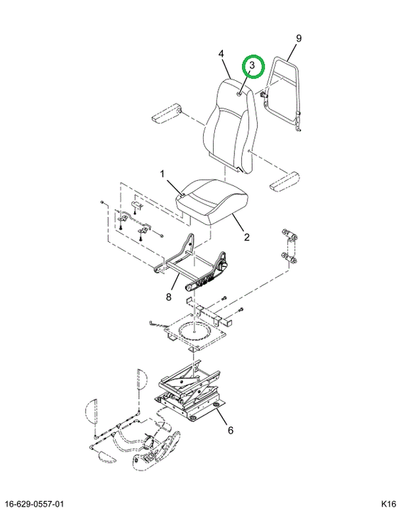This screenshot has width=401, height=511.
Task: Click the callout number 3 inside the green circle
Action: point(252,65)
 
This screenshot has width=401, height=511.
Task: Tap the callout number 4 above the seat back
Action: point(221,53)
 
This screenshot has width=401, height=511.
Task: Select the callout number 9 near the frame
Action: point(299,38)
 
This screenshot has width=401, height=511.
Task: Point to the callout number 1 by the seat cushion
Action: point(163,175)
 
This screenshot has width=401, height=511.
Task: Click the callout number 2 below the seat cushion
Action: point(247,237)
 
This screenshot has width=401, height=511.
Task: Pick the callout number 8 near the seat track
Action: point(168,297)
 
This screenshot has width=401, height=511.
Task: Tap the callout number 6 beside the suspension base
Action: point(231,430)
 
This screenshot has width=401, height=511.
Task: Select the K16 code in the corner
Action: point(388,503)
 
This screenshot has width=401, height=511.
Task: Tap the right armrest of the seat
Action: point(285,181)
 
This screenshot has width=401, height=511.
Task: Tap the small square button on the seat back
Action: point(238,94)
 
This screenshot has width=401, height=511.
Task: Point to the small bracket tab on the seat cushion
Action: point(182,195)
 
